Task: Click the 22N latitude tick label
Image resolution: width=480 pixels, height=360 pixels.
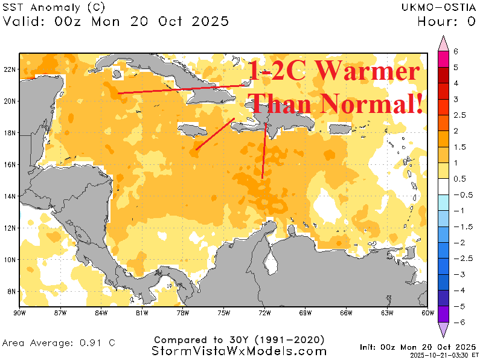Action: click(10, 69)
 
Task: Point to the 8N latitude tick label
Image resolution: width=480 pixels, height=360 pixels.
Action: click(11, 292)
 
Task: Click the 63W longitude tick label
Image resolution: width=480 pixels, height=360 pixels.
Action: click(387, 313)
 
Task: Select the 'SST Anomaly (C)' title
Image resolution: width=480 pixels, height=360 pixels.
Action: click(54, 8)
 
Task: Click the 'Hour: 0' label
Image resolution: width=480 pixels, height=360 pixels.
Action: click(447, 22)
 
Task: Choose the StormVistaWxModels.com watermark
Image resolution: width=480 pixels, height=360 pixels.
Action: click(240, 351)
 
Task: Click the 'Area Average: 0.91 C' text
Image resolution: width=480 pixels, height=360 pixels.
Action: click(59, 342)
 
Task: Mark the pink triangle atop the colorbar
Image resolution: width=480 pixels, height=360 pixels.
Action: click(443, 42)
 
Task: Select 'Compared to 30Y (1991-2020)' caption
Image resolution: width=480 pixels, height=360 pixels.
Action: click(240, 339)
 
